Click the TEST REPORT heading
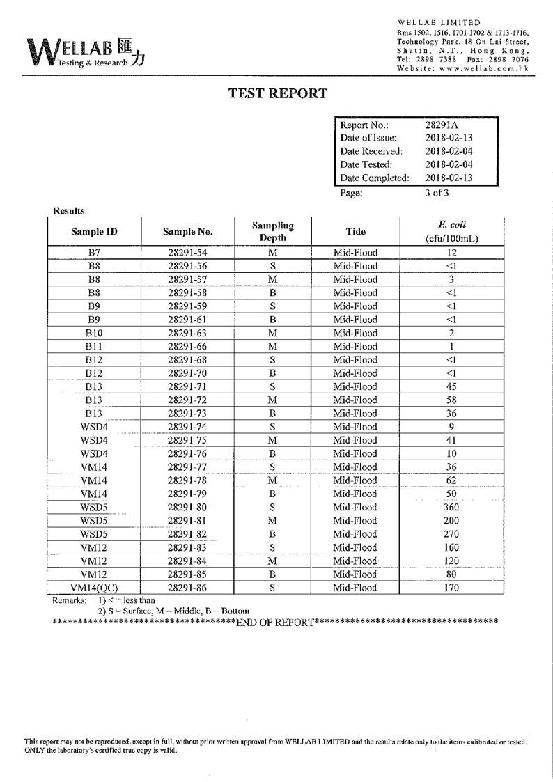[277, 93]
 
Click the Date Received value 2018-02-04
[449, 151]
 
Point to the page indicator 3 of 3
[437, 193]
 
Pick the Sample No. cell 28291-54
[188, 253]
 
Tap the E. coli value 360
[451, 508]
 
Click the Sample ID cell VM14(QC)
[94, 588]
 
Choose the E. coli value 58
[451, 400]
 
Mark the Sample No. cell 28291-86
[188, 588]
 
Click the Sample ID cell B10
[94, 334]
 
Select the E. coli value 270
[451, 534]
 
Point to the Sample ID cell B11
[94, 347]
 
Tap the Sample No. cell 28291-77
[188, 467]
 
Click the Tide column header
[355, 232]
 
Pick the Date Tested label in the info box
[366, 164]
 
